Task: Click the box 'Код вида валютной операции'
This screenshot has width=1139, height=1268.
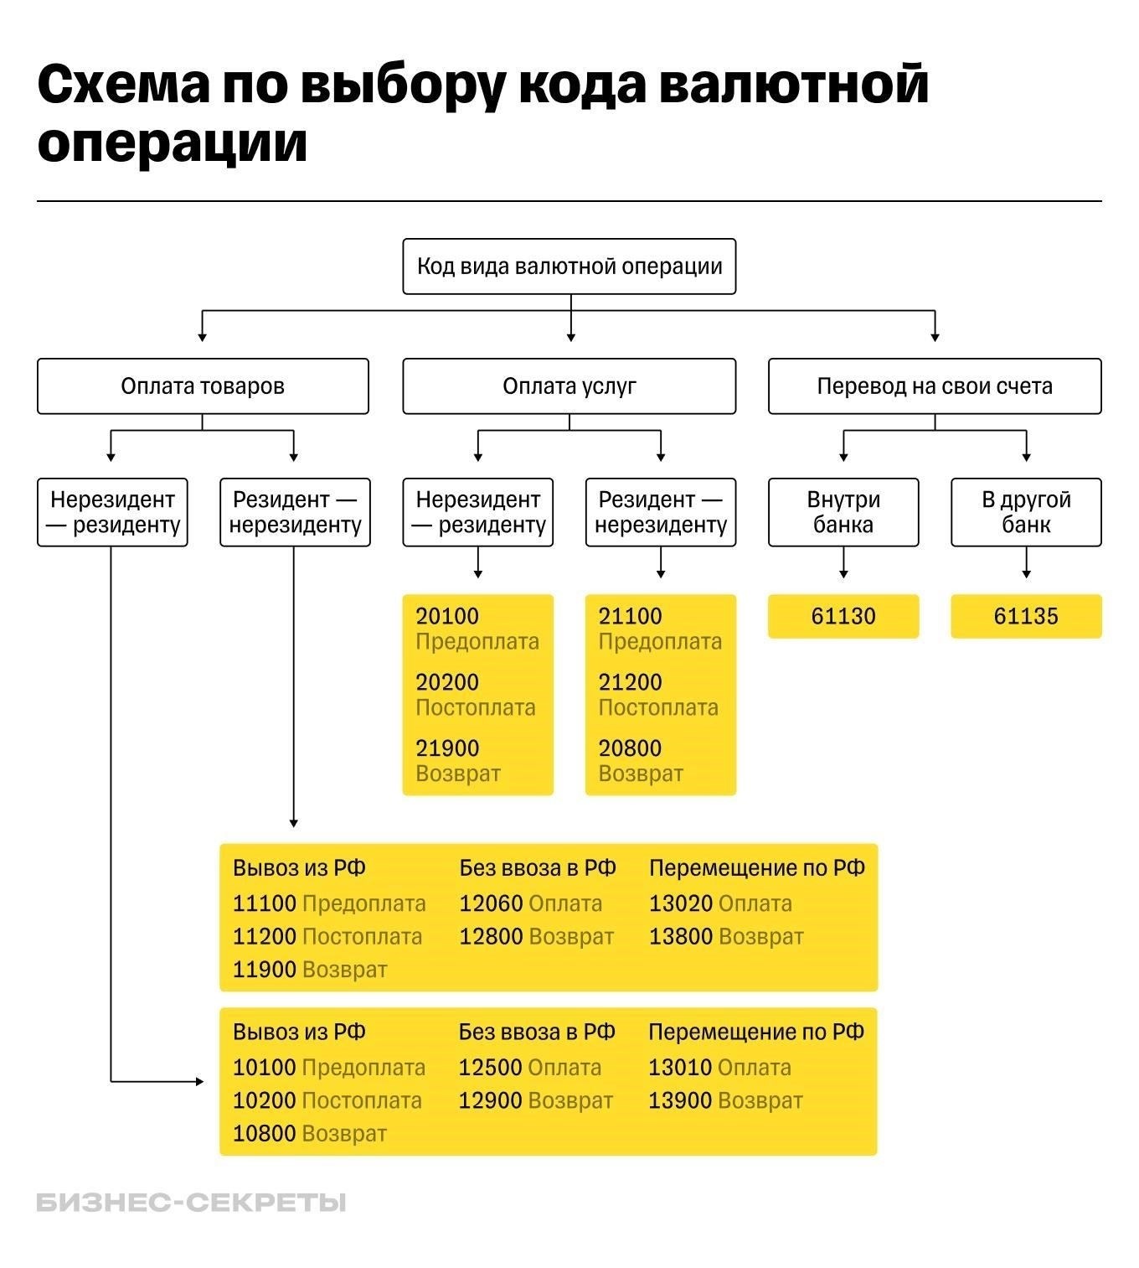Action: (569, 267)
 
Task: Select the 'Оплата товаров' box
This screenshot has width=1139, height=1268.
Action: (203, 386)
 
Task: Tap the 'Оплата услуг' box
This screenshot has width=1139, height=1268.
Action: (569, 386)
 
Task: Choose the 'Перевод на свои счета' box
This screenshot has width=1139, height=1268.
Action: (935, 386)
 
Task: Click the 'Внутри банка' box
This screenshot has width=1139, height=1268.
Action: (843, 512)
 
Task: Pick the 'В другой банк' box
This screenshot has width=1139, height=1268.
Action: (1026, 512)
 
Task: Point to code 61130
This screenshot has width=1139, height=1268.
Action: (843, 617)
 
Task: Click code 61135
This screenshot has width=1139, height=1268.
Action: (1026, 617)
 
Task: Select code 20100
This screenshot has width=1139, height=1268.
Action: (447, 617)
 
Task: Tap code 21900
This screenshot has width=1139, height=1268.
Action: (447, 748)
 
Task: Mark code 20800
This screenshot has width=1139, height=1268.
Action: (630, 748)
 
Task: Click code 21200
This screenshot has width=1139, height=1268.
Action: (630, 682)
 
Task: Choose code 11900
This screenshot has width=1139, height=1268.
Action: (265, 970)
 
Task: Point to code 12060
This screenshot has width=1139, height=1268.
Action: (491, 904)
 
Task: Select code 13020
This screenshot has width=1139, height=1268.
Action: (681, 904)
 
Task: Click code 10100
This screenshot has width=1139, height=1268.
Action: (265, 1068)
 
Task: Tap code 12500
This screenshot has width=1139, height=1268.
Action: (490, 1068)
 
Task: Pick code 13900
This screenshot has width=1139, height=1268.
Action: (680, 1100)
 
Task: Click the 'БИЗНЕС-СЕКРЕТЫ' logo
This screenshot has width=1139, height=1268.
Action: (191, 1203)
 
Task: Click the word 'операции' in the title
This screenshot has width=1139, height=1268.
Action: (173, 142)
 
